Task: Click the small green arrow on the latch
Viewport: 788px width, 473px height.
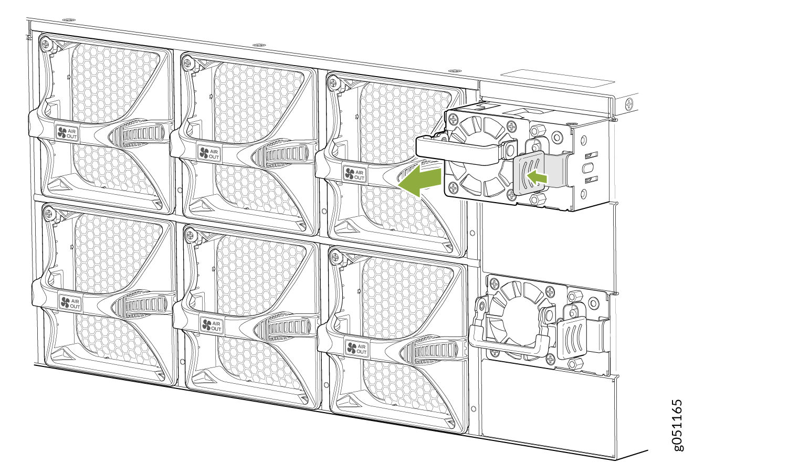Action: pyautogui.click(x=537, y=177)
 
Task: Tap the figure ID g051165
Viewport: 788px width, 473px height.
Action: pyautogui.click(x=677, y=425)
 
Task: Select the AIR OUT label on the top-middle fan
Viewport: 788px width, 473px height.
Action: pyautogui.click(x=209, y=153)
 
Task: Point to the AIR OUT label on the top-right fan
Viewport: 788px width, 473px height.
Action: pyautogui.click(x=354, y=174)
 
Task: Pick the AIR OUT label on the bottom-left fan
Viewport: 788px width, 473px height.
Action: pyautogui.click(x=70, y=303)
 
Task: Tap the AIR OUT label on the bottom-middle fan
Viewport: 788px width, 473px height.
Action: pyautogui.click(x=212, y=325)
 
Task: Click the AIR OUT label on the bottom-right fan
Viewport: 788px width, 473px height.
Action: pyautogui.click(x=356, y=348)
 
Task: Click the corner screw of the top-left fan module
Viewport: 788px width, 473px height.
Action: pyautogui.click(x=45, y=44)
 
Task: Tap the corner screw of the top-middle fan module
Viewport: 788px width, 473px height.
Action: pyautogui.click(x=187, y=64)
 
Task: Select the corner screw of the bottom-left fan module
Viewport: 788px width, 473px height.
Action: pyautogui.click(x=48, y=213)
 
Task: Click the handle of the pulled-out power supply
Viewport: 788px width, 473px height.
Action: pyautogui.click(x=457, y=151)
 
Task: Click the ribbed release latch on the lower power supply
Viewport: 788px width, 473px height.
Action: pyautogui.click(x=572, y=338)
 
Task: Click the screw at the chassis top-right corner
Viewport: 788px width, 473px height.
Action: pyautogui.click(x=629, y=103)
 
